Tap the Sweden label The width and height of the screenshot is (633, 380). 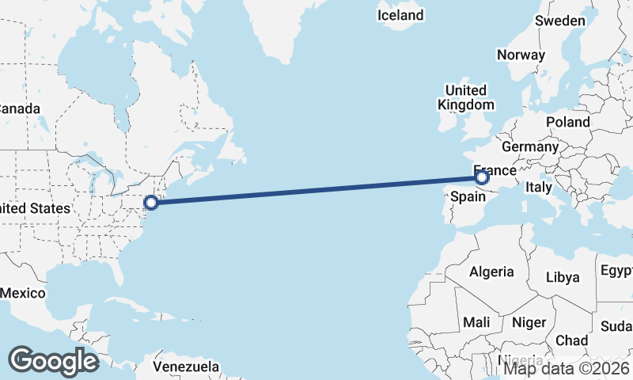[x=559, y=21]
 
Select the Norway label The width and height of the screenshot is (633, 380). [x=521, y=55]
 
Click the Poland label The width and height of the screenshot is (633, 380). [x=567, y=122]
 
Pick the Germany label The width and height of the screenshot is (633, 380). [x=529, y=146]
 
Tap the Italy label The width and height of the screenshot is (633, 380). [x=539, y=188]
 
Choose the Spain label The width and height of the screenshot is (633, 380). [x=468, y=197]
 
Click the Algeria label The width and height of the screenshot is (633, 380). [x=491, y=272]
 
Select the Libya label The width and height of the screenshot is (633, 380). [x=563, y=277]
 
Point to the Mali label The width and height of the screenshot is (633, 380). [x=476, y=322]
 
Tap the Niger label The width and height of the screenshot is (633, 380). [x=529, y=322]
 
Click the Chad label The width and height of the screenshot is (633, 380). [x=571, y=340]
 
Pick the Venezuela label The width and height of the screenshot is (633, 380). [x=186, y=367]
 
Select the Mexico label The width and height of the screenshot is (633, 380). [x=22, y=293]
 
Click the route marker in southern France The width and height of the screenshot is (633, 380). [x=482, y=178]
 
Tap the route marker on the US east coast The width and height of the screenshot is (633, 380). [x=151, y=202]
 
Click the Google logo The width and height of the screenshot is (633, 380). [x=53, y=361]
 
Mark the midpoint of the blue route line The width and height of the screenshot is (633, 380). [x=316, y=190]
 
